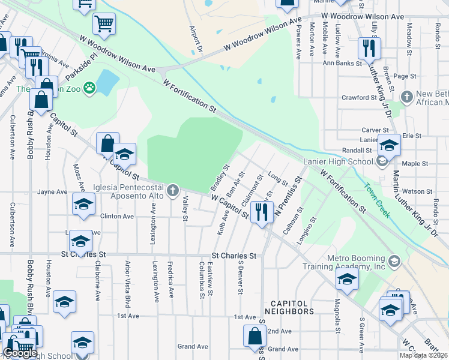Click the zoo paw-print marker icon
pyautogui.click(x=90, y=88)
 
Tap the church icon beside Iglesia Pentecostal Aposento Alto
pyautogui.click(x=173, y=191)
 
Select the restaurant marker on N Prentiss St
pyautogui.click(x=261, y=212)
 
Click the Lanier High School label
pyautogui.click(x=339, y=161)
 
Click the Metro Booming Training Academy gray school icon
pyautogui.click(x=394, y=261)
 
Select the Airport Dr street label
pyautogui.click(x=194, y=38)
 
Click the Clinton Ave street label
pyautogui.click(x=117, y=216)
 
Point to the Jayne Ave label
pyautogui.click(x=52, y=192)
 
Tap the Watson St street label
pyautogui.click(x=420, y=191)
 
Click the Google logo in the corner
pyautogui.click(x=20, y=353)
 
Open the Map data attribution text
pyautogui.click(x=423, y=355)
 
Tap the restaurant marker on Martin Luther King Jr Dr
pyautogui.click(x=369, y=49)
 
